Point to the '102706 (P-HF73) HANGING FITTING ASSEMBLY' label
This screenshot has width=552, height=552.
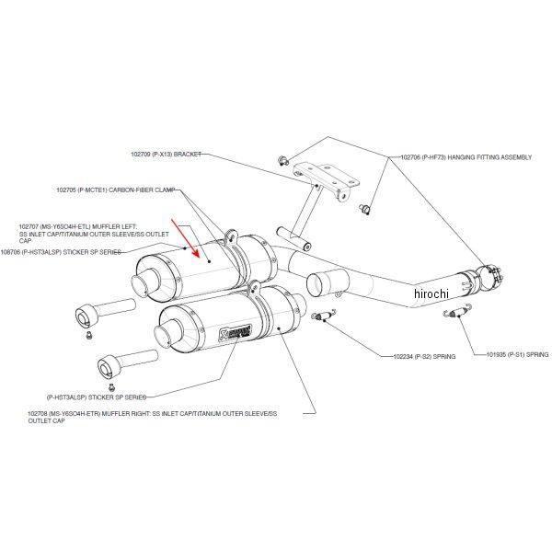point(466,157)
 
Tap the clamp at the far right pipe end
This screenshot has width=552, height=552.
point(489,274)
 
